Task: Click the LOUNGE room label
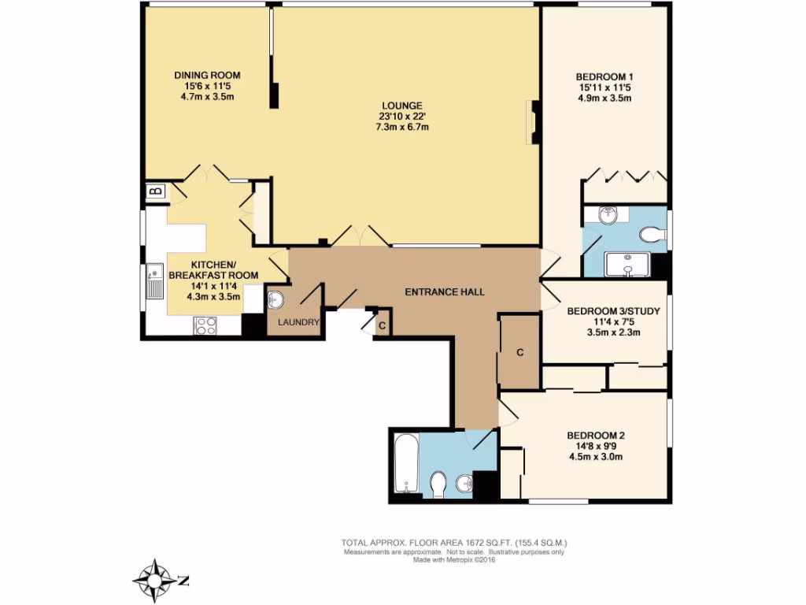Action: (x=402, y=106)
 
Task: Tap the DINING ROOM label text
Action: (x=207, y=75)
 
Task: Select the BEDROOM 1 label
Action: (x=604, y=77)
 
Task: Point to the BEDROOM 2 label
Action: (x=596, y=435)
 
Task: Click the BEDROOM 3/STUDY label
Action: (x=613, y=311)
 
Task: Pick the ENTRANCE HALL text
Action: (x=445, y=292)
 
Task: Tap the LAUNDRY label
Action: (x=298, y=322)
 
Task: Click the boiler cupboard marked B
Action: (x=156, y=192)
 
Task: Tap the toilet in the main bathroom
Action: (x=438, y=484)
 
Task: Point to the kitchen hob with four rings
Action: (x=205, y=325)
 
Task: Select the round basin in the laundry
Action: (x=275, y=299)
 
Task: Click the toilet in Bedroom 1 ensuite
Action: (x=653, y=235)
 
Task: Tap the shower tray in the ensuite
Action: (x=627, y=265)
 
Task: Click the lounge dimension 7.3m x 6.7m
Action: (x=402, y=127)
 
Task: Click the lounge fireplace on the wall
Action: (x=533, y=122)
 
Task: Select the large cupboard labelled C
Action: (x=519, y=352)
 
